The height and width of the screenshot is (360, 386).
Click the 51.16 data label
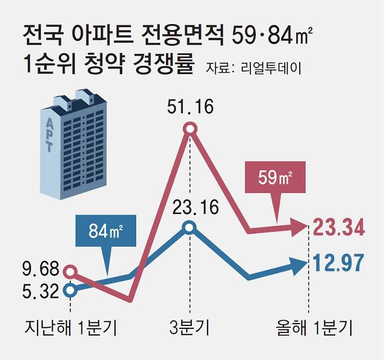coord(189,107)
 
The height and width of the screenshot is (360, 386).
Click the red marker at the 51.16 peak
coord(189,129)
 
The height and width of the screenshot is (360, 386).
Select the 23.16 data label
coord(189,208)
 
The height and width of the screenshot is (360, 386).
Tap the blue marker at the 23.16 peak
coord(189,228)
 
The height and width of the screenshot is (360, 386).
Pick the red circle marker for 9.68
coord(70,271)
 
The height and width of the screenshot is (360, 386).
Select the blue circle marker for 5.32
coord(70,289)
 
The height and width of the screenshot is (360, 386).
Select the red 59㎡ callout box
coord(276,178)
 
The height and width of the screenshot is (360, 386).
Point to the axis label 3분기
coord(189,327)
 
